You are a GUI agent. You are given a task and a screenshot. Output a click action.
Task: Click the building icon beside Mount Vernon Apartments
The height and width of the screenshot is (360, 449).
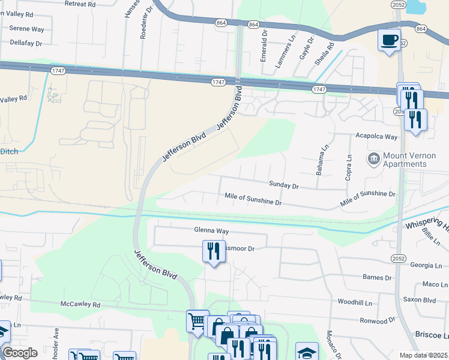tap(373, 159)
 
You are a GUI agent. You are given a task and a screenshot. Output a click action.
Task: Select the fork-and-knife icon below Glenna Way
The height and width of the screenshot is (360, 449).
tap(213, 250)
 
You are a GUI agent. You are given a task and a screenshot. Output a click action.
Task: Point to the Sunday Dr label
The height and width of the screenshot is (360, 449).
tap(284, 187)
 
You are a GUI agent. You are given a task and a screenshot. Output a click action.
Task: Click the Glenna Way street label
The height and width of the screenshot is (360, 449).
tap(211, 230)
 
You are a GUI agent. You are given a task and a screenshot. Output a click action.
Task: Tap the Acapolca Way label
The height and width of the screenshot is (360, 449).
tap(377, 137)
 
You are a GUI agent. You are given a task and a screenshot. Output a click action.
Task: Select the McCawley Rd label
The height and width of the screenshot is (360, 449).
tap(80, 305)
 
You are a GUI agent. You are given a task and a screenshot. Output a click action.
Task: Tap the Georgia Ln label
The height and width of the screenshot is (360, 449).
tap(426, 265)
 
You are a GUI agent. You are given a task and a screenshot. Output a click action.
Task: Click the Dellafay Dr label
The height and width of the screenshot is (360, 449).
tap(26, 43)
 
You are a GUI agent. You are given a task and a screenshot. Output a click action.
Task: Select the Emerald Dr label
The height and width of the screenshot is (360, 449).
tap(264, 41)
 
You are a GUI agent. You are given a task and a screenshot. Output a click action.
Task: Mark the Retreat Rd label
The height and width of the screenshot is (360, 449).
tap(79, 4)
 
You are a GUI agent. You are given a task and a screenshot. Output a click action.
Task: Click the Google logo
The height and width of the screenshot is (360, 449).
tap(20, 353)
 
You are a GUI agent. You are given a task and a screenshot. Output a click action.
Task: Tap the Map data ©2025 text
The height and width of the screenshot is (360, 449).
tap(423, 355)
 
